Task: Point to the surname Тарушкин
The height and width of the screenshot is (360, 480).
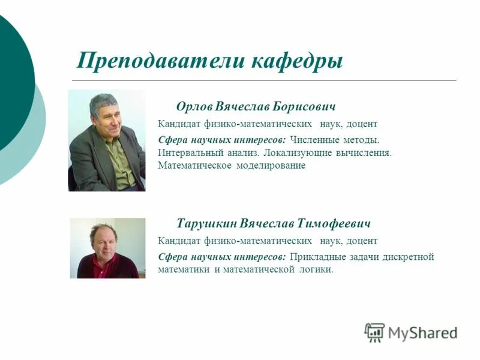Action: pyautogui.click(x=206, y=224)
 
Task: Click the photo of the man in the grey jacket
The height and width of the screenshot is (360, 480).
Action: pyautogui.click(x=107, y=141)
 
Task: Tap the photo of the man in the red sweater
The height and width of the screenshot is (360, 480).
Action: pyautogui.click(x=107, y=248)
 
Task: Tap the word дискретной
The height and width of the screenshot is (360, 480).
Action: pyautogui.click(x=407, y=257)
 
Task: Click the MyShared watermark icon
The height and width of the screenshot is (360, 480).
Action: pyautogui.click(x=374, y=332)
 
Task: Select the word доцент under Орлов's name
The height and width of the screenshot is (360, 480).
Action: pyautogui.click(x=361, y=124)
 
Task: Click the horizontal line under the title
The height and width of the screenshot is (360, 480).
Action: pyautogui.click(x=264, y=80)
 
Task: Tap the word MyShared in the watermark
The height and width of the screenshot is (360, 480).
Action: pyautogui.click(x=422, y=332)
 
